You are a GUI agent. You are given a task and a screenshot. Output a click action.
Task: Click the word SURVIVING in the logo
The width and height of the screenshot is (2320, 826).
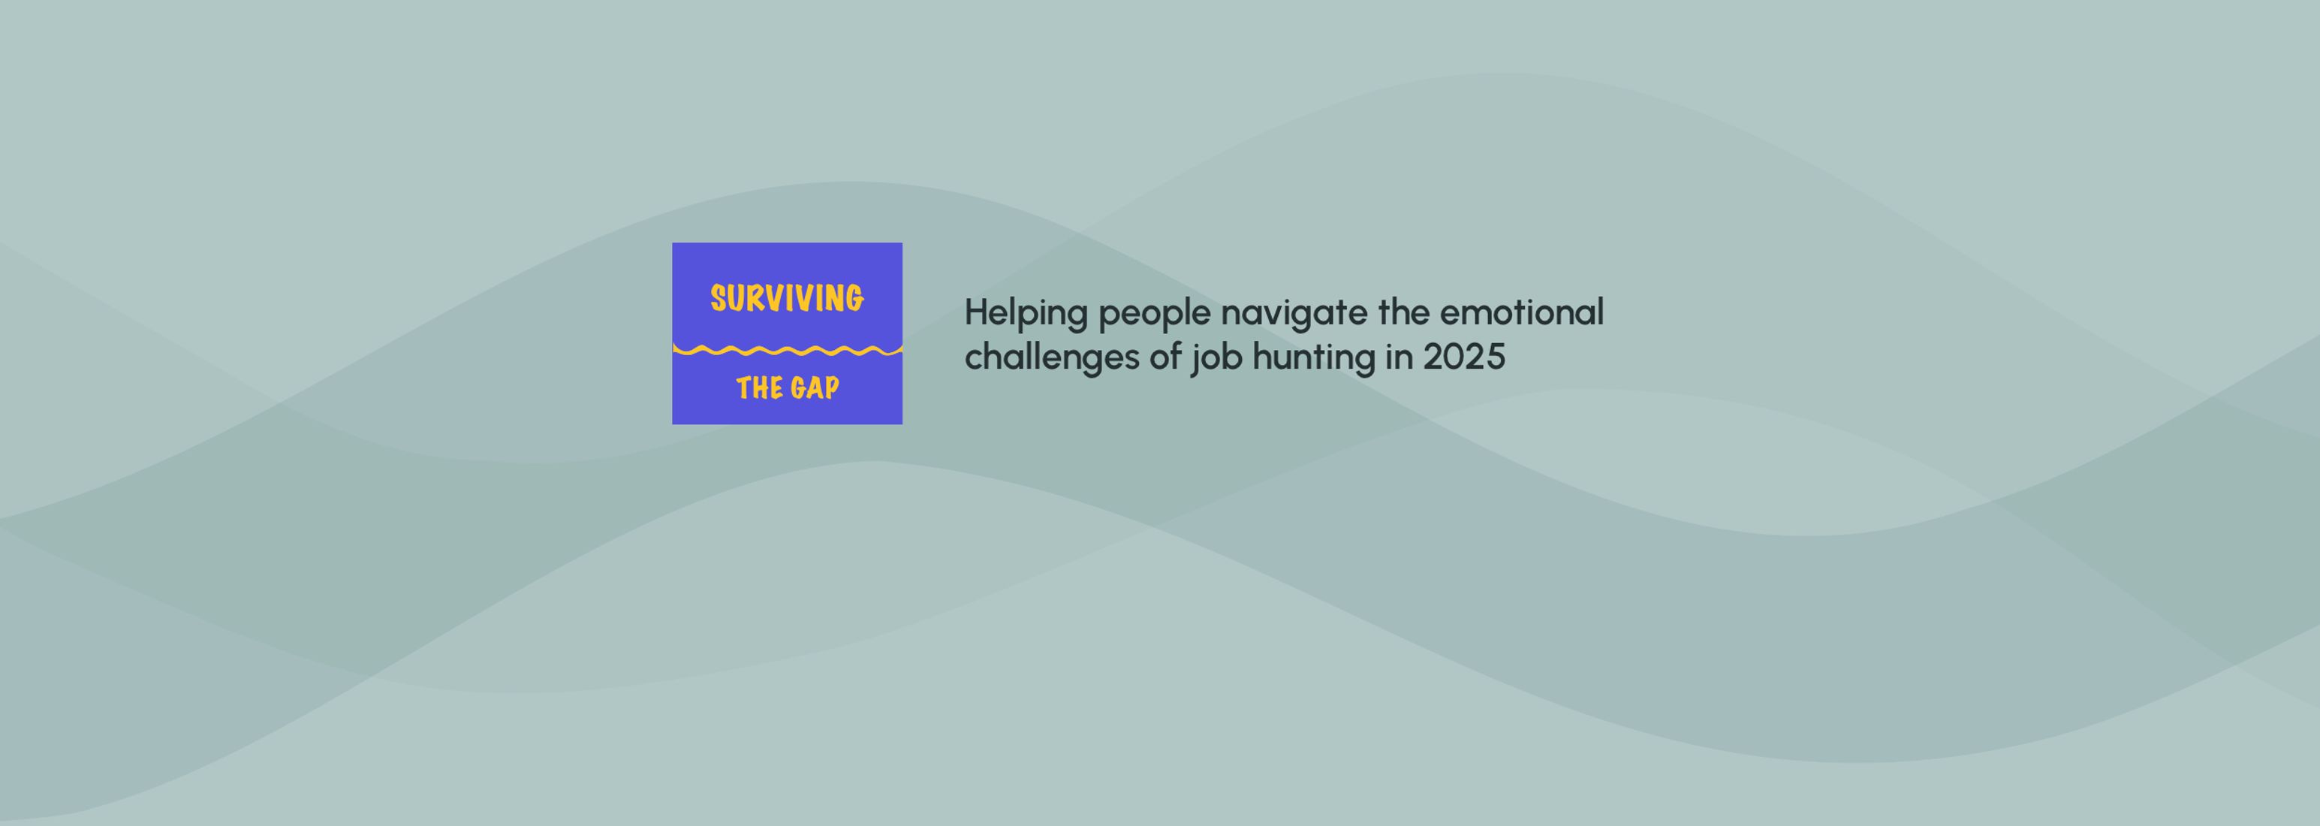pyautogui.click(x=787, y=298)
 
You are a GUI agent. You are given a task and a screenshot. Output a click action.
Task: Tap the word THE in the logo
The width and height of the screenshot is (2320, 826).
pyautogui.click(x=758, y=388)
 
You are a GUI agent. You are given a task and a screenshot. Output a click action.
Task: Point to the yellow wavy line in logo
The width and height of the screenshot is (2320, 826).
pyautogui.click(x=787, y=349)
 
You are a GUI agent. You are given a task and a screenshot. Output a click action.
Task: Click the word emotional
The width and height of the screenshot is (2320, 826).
pyautogui.click(x=1522, y=312)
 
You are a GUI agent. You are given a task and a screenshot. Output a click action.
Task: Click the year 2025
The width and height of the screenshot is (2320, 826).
pyautogui.click(x=1464, y=357)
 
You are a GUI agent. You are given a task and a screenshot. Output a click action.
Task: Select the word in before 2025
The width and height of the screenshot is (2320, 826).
pyautogui.click(x=1400, y=357)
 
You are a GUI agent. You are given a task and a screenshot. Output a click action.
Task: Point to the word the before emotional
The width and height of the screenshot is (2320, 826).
pyautogui.click(x=1404, y=312)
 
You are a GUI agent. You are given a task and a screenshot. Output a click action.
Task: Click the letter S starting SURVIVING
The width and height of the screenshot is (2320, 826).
pyautogui.click(x=719, y=299)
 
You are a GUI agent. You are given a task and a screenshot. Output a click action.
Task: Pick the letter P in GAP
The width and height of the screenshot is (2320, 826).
pyautogui.click(x=831, y=388)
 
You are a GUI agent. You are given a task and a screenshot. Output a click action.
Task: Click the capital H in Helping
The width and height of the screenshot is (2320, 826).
pyautogui.click(x=976, y=312)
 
